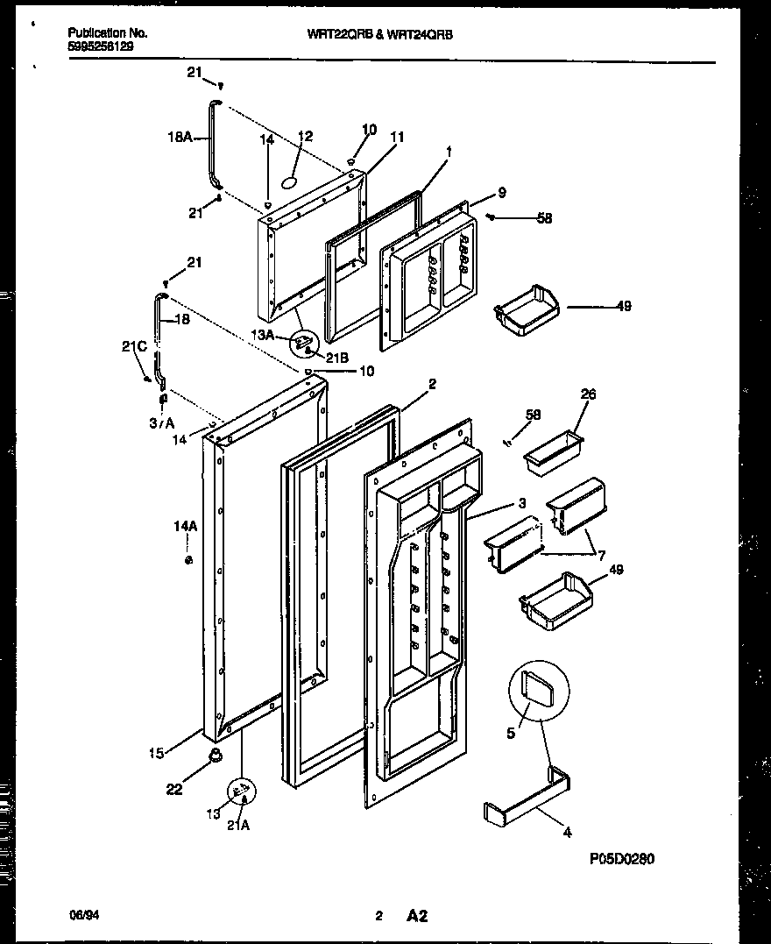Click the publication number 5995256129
click(101, 46)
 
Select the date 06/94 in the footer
click(81, 916)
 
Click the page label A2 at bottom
click(416, 917)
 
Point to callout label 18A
click(179, 137)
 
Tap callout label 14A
click(185, 527)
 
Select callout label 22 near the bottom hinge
click(175, 790)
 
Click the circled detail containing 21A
click(243, 793)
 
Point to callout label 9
click(502, 192)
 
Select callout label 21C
click(132, 346)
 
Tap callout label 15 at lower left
click(155, 750)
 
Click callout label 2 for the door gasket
click(432, 383)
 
